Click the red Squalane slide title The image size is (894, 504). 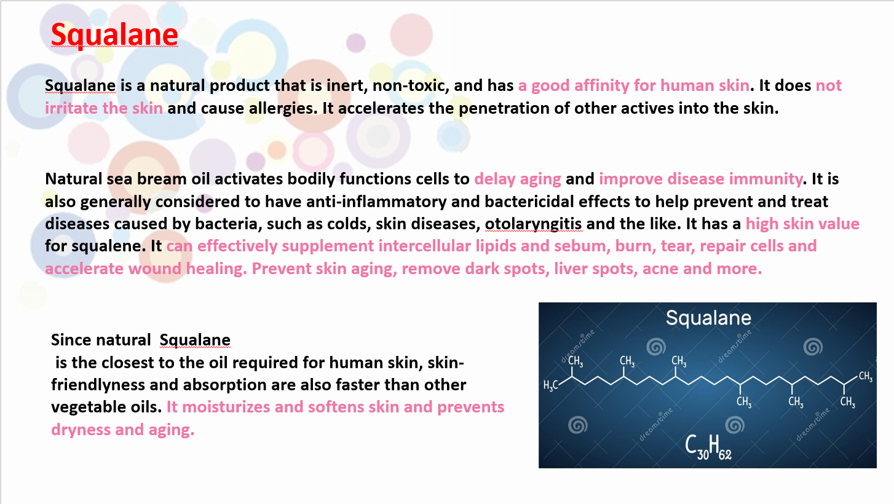pos(114,34)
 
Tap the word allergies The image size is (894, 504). pos(283,108)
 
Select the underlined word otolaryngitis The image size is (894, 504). pos(534,224)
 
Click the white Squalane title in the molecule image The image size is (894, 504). pos(708,318)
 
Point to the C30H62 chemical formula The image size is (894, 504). pos(708,447)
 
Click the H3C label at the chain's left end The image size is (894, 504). pos(551,385)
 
